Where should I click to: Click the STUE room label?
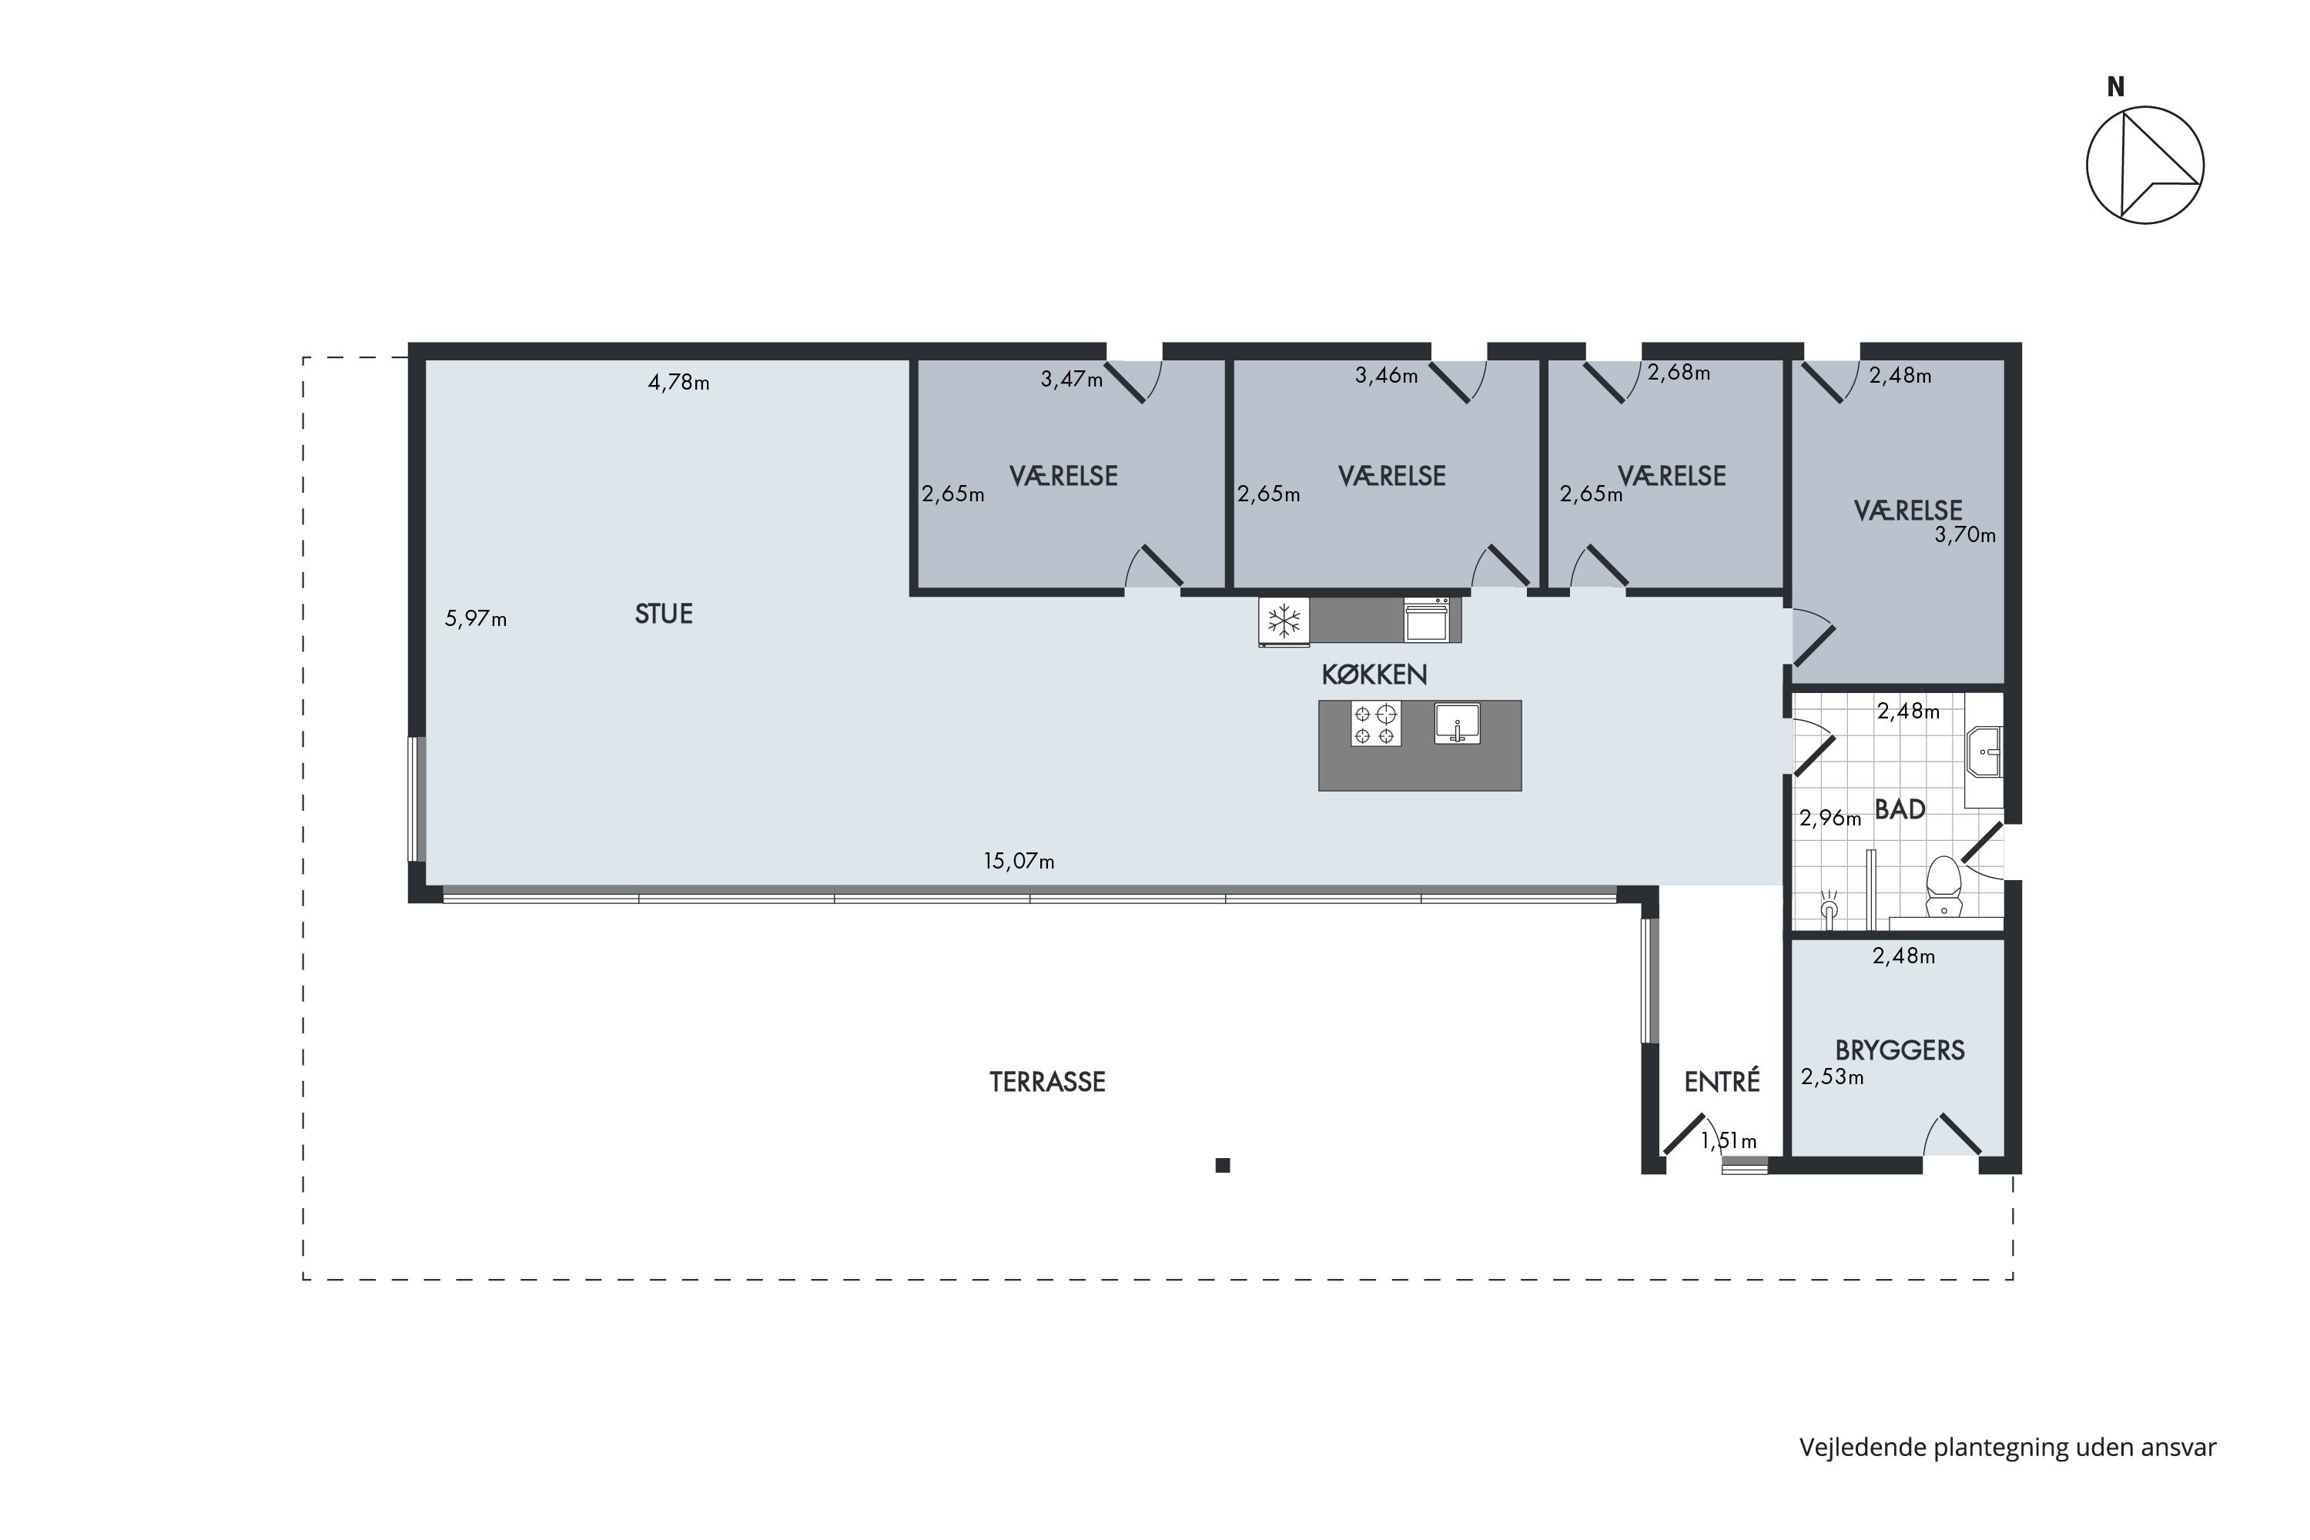[x=664, y=614]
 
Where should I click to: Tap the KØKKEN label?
[x=1374, y=675]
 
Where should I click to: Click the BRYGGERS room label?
[x=1900, y=1051]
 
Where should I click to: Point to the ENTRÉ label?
[x=1722, y=1081]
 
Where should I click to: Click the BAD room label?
[x=1900, y=809]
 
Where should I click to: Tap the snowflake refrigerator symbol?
[x=1284, y=621]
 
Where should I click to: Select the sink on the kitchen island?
[x=1458, y=723]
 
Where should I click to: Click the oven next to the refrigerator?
[x=1426, y=620]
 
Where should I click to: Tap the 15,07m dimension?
[x=1019, y=862]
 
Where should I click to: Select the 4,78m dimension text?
[x=678, y=383]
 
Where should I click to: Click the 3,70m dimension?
[x=1965, y=535]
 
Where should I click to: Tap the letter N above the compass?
[x=2115, y=88]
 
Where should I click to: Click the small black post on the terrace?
[x=1223, y=1166]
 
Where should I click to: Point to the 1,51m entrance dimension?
[x=1729, y=1141]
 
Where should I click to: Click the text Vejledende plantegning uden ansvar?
[x=2007, y=1448]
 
